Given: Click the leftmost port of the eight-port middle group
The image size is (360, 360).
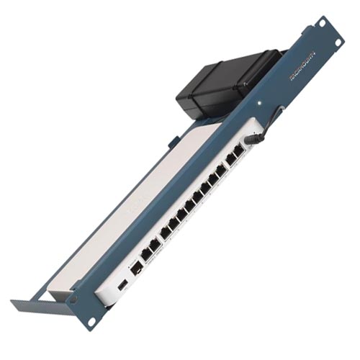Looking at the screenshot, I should (166, 232).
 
